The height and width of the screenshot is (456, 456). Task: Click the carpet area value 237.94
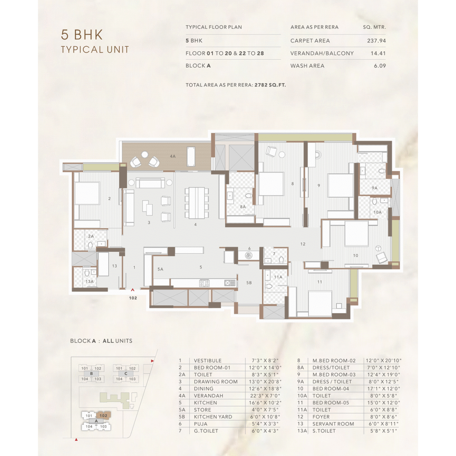click(376, 41)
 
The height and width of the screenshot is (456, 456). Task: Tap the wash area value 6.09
click(380, 66)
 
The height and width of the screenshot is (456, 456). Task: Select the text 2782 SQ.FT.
click(270, 85)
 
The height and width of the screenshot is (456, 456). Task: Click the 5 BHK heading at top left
click(82, 35)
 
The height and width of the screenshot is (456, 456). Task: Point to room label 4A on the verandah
click(173, 156)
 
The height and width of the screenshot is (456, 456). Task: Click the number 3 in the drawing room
click(149, 223)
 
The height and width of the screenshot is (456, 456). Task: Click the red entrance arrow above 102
click(133, 289)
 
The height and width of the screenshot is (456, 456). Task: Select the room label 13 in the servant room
click(114, 266)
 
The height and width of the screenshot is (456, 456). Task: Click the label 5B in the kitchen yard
click(249, 282)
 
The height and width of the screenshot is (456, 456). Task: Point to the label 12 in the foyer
click(303, 244)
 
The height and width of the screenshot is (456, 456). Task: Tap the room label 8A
click(243, 207)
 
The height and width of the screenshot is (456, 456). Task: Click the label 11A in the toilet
click(278, 277)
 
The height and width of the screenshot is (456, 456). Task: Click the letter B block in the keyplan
click(91, 374)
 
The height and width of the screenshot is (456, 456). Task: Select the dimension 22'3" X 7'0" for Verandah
click(265, 395)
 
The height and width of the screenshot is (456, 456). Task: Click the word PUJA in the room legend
click(201, 424)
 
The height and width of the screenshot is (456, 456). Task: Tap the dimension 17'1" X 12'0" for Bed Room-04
click(383, 388)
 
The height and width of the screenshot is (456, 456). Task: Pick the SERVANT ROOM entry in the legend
click(333, 424)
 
